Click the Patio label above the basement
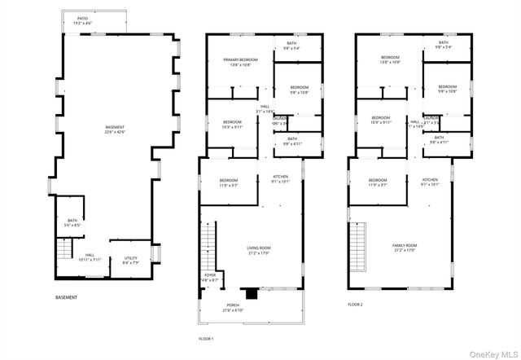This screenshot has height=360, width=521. tap(83, 20)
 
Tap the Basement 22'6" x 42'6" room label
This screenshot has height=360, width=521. tap(116, 130)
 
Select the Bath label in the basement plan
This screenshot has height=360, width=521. tap(72, 222)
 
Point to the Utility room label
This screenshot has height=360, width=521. tap(131, 260)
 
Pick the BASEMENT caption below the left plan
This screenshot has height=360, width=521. tap(67, 297)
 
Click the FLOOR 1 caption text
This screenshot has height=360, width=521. tap(206, 338)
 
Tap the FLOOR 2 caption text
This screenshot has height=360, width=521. tap(355, 304)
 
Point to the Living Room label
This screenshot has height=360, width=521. tap(259, 250)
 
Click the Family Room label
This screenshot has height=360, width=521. tap(405, 248)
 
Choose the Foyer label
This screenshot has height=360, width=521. tap(210, 278)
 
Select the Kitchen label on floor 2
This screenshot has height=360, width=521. tap(430, 182)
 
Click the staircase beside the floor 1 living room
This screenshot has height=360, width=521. tap(209, 248)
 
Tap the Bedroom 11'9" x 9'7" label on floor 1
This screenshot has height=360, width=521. tap(228, 182)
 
